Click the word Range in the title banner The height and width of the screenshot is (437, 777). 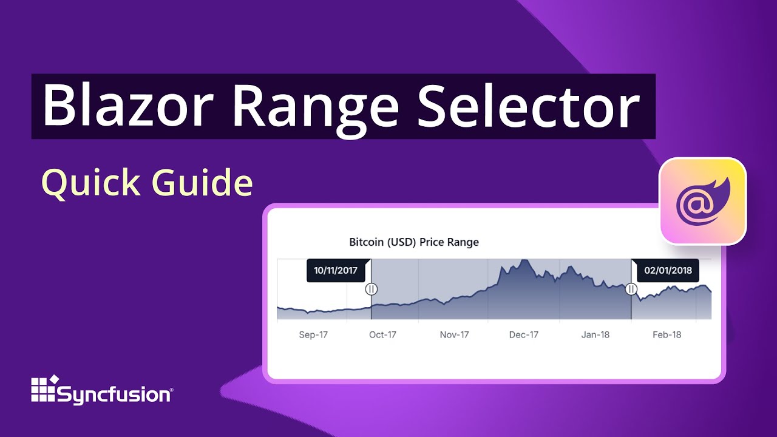[x=314, y=107]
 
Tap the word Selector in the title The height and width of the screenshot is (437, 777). [x=528, y=107]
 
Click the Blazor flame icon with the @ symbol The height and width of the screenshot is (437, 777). [x=703, y=202]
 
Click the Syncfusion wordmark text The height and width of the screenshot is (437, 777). [x=115, y=395]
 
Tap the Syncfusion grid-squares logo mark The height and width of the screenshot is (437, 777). [x=44, y=388]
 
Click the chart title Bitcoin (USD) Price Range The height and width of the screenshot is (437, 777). [x=414, y=242]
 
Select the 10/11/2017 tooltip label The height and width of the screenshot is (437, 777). [x=336, y=271]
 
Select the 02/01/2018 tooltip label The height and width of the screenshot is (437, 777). [x=668, y=271]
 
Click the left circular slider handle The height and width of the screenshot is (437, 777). [x=372, y=290]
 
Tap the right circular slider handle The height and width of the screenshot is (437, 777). [x=631, y=290]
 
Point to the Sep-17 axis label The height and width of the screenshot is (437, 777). [x=313, y=334]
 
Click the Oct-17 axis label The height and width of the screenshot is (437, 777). [x=383, y=334]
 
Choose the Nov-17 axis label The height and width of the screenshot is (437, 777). [x=455, y=334]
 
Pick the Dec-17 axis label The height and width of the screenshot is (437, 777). [x=524, y=334]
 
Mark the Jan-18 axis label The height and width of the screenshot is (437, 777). [x=595, y=334]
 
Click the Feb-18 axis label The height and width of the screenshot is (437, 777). [x=667, y=334]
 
